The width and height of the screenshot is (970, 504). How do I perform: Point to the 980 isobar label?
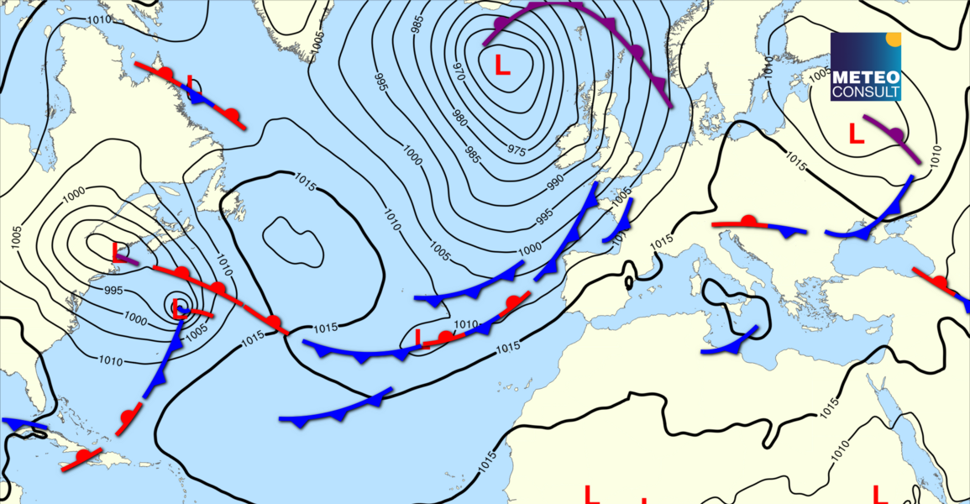pyautogui.click(x=458, y=118)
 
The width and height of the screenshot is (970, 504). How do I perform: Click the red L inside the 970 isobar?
pyautogui.click(x=502, y=65)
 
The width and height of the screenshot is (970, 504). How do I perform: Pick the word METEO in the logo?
pyautogui.click(x=865, y=76)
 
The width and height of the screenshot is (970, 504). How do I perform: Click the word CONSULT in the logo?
pyautogui.click(x=865, y=91)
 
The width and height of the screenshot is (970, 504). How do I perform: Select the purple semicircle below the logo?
pyautogui.click(x=896, y=134)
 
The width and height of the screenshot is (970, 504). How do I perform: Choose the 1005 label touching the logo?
pyautogui.click(x=821, y=74)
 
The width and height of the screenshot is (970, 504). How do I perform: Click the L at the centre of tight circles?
pyautogui.click(x=178, y=307)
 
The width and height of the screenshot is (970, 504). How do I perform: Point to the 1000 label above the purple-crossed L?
pyautogui.click(x=74, y=194)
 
